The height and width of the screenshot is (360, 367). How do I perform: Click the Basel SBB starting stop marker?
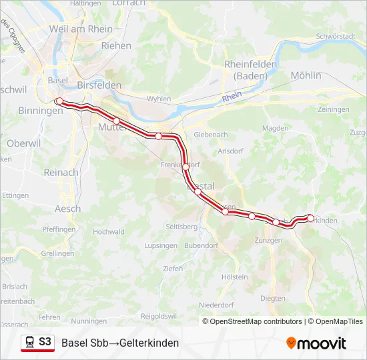tap(59, 101)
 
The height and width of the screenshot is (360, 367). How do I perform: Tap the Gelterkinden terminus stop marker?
tap(310, 218)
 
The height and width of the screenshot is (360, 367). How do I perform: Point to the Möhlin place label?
tap(306, 75)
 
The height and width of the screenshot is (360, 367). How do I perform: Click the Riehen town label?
tap(116, 46)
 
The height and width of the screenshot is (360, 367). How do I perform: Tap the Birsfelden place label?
tap(99, 85)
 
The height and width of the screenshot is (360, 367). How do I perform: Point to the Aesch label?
tap(67, 209)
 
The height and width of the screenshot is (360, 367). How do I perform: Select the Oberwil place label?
tap(23, 143)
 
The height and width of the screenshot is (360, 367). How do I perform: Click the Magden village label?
tap(275, 128)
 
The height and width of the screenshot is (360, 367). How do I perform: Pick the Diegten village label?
tap(272, 298)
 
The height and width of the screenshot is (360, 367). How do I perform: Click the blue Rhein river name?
tap(232, 97)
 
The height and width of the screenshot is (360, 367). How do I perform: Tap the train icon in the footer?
tap(30, 342)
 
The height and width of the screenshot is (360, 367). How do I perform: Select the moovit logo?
tap(316, 343)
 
